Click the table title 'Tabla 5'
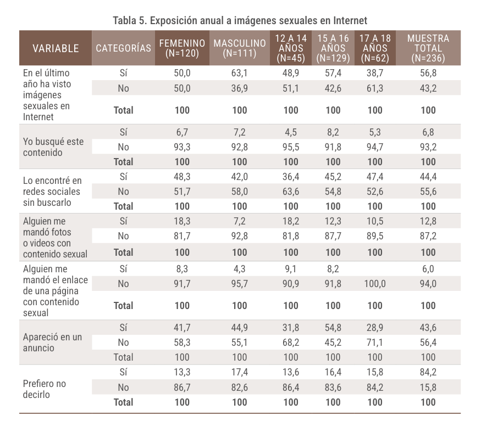click(x=240, y=21)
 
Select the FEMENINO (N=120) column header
click(x=182, y=48)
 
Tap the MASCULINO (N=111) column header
click(x=240, y=48)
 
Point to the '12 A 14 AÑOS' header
click(x=291, y=48)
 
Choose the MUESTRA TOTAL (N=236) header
click(x=428, y=48)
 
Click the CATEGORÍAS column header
click(x=123, y=48)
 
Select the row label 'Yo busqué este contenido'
click(x=53, y=147)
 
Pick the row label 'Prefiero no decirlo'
click(x=45, y=389)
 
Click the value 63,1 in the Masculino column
click(x=240, y=72)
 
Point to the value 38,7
click(x=375, y=72)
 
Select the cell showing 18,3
click(x=182, y=221)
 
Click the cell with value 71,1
click(x=375, y=343)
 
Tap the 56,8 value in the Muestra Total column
click(x=428, y=72)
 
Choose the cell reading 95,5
click(x=291, y=147)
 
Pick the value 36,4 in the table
click(x=291, y=177)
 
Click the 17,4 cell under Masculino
click(x=240, y=372)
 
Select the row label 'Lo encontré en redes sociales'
click(x=52, y=192)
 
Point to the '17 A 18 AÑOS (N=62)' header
click(x=375, y=48)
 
